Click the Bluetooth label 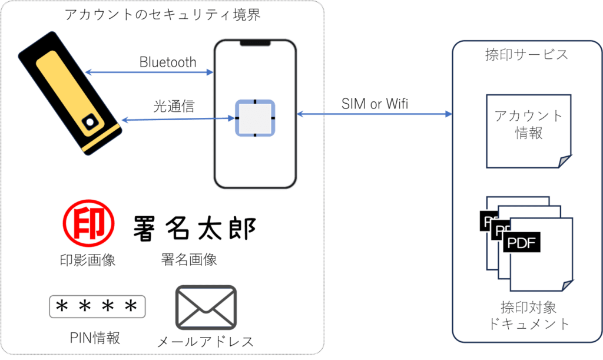168,62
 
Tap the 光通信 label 174,105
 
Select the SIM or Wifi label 375,104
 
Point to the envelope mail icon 206,308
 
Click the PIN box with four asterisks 97,307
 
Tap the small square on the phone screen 255,118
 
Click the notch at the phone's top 255,42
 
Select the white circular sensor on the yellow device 90,122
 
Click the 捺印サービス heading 526,55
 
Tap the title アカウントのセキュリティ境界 163,14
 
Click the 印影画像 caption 88,260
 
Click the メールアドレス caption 206,341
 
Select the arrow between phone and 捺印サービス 375,113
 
